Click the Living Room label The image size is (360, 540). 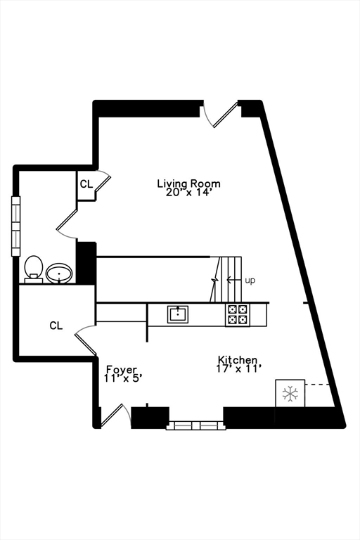tap(188, 184)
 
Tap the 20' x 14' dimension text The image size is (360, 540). tap(188, 193)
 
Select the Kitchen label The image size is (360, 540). tap(238, 360)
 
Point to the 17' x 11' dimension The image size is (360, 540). tap(238, 369)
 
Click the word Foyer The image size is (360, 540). tap(121, 370)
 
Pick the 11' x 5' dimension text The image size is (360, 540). tap(123, 378)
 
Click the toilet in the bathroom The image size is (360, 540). tap(34, 269)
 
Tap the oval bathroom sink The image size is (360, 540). tap(59, 274)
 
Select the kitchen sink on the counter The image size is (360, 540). tap(178, 314)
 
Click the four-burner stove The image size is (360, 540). tap(238, 315)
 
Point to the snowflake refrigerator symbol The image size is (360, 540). tap(290, 393)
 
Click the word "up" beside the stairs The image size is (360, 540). tap(250, 281)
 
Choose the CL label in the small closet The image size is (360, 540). tap(86, 184)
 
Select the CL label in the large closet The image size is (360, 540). tap(56, 326)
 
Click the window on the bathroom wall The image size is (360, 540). tap(16, 226)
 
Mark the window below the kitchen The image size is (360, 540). tap(196, 425)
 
